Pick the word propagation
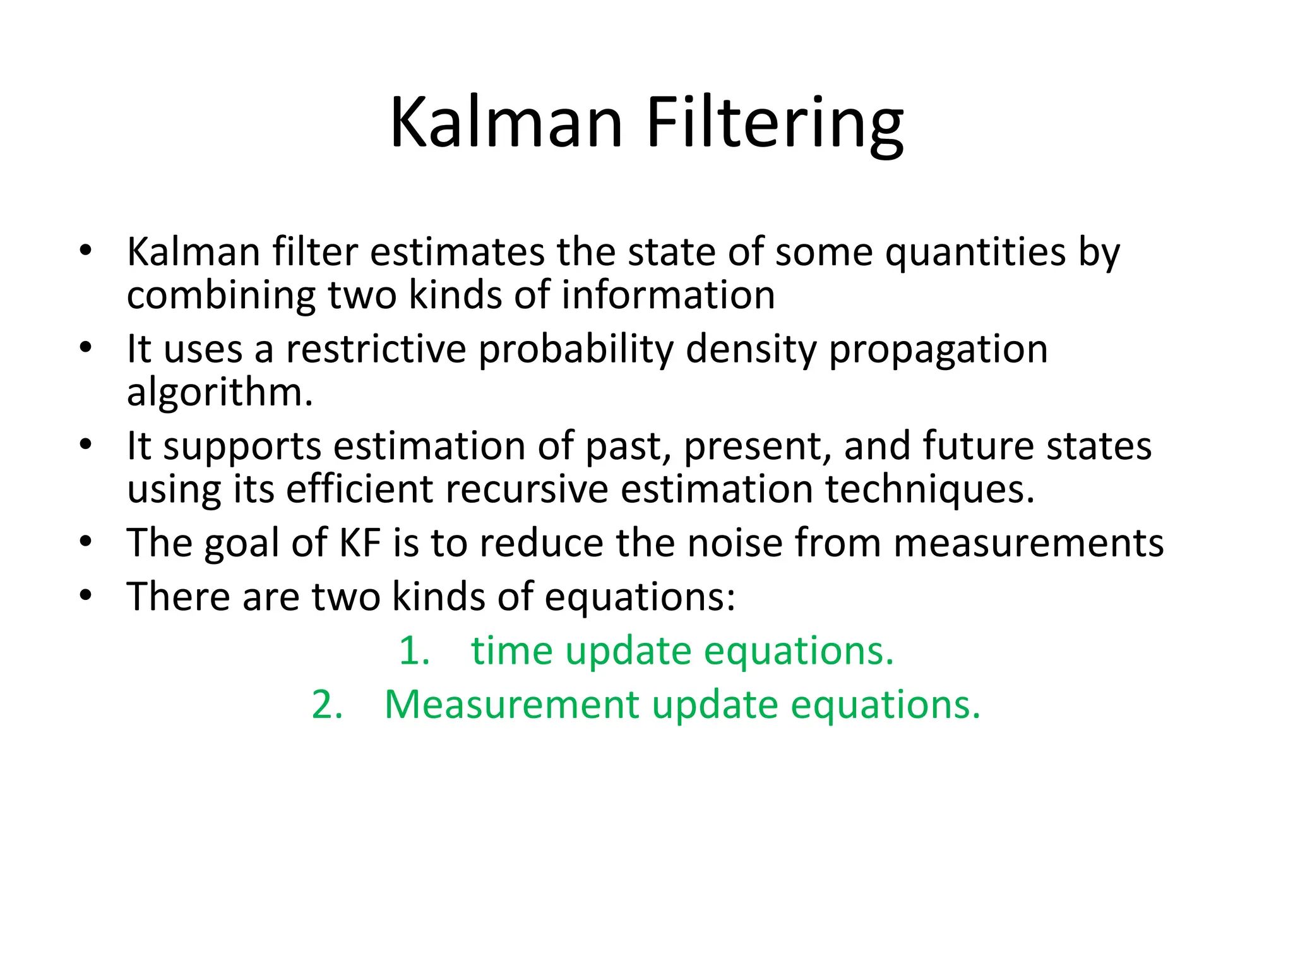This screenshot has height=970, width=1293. (938, 350)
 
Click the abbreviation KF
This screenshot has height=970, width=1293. (360, 543)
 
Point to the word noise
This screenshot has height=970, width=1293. (735, 543)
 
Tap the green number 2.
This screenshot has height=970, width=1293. (326, 705)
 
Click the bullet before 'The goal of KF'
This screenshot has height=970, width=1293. (86, 542)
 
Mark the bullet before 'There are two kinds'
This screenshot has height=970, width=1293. (86, 596)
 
